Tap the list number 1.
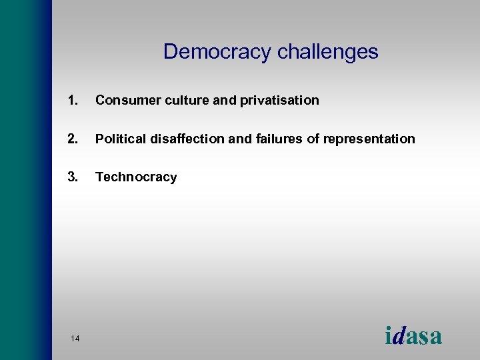(72, 101)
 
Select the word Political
(120, 139)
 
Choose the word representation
(369, 139)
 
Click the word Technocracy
(136, 177)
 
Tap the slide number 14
(75, 339)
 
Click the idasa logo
(413, 335)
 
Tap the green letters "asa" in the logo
(424, 337)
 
